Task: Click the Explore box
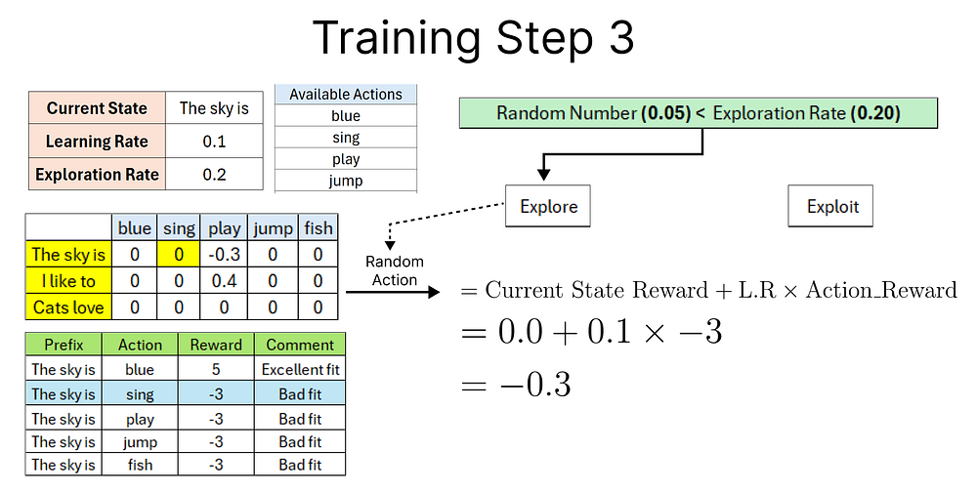click(x=548, y=206)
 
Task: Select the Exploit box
click(x=832, y=206)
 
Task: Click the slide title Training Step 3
click(x=473, y=38)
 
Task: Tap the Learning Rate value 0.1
click(x=215, y=142)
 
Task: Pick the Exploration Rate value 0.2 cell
click(x=215, y=176)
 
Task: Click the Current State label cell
click(x=97, y=108)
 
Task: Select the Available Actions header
click(x=346, y=95)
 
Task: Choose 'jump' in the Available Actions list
click(x=346, y=181)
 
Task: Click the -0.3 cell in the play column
click(x=224, y=254)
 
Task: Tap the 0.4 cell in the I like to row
click(x=224, y=281)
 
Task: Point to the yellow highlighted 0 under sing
click(x=178, y=254)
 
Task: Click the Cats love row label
click(x=68, y=307)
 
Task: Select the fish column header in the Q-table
click(x=318, y=227)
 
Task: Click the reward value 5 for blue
click(x=216, y=370)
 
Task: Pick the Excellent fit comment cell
click(x=300, y=370)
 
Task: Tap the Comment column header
click(x=300, y=345)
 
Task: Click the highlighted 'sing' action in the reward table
click(x=140, y=394)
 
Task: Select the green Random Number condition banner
click(x=698, y=113)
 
